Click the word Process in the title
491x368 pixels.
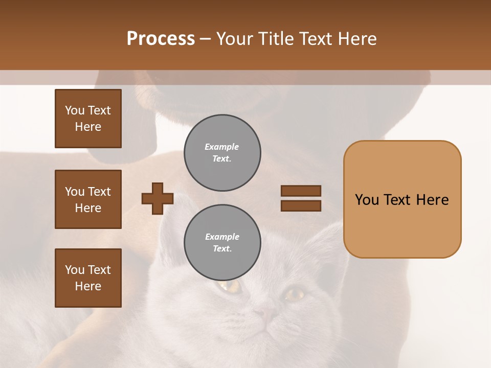pyautogui.click(x=161, y=39)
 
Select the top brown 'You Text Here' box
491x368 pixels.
pyautogui.click(x=88, y=119)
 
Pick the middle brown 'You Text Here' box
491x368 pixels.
pyautogui.click(x=88, y=199)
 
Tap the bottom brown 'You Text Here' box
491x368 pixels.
pyautogui.click(x=88, y=278)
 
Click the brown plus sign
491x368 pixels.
pyautogui.click(x=158, y=198)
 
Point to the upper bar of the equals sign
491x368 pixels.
pyautogui.click(x=301, y=191)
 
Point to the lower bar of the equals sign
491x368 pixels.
pyautogui.click(x=301, y=206)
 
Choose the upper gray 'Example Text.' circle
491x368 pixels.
pyautogui.click(x=222, y=153)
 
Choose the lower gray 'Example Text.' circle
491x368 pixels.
pyautogui.click(x=222, y=243)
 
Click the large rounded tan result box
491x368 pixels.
pyautogui.click(x=402, y=199)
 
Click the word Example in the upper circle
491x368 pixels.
pyautogui.click(x=221, y=147)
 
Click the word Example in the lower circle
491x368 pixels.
pyautogui.click(x=222, y=237)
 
